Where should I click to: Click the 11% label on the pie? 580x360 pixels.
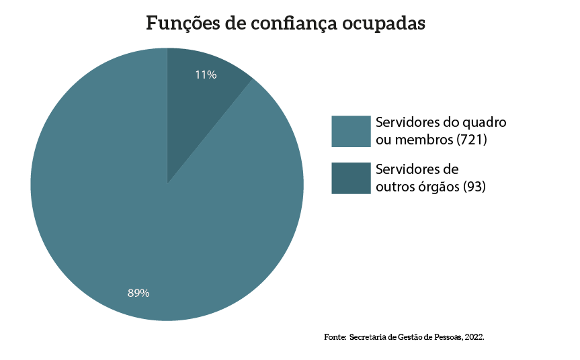(206, 75)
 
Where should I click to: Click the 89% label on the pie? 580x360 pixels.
(138, 293)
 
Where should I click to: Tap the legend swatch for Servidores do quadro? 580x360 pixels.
(351, 131)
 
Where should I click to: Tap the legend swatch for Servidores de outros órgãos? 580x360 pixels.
(351, 178)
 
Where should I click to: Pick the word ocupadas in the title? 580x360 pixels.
(384, 24)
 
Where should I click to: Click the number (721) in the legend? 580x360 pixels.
(471, 140)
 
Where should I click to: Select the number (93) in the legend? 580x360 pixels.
(474, 187)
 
